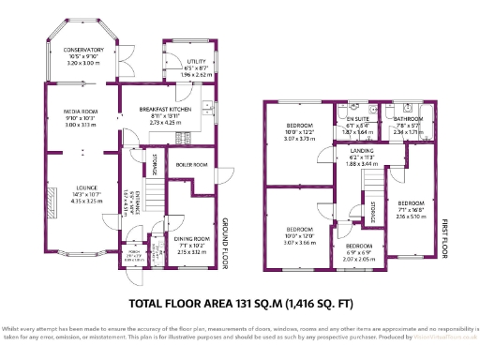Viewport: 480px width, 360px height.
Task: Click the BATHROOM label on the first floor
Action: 410,120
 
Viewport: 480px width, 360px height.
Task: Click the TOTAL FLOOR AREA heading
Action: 239,303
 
